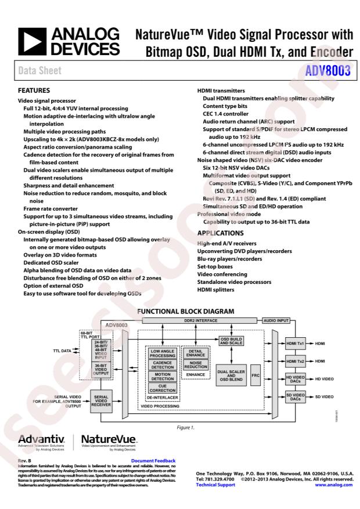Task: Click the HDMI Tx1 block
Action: [296, 344]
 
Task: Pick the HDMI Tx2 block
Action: [296, 361]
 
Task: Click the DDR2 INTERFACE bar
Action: [189, 320]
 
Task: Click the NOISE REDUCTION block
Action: [195, 364]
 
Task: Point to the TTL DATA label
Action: [63, 351]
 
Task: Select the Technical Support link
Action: [215, 485]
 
